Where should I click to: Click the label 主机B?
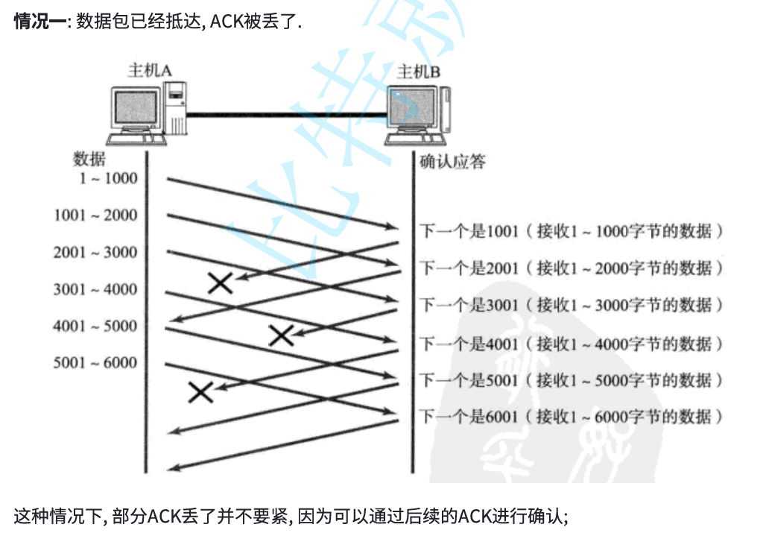tap(418, 72)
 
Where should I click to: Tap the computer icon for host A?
tap(145, 114)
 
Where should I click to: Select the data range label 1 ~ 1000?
tap(108, 178)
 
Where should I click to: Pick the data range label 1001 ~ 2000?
tap(95, 215)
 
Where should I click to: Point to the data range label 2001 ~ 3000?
tap(95, 252)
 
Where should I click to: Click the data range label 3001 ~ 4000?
tap(95, 289)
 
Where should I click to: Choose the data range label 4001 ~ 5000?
tap(95, 326)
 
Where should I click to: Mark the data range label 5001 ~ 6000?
tap(95, 363)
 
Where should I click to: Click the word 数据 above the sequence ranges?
tap(89, 159)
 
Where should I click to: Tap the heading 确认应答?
tap(452, 162)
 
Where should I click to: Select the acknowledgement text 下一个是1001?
tap(469, 231)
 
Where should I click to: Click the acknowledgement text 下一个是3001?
tap(469, 305)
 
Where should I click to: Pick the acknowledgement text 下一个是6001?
tap(469, 417)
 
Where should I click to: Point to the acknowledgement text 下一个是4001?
tap(469, 344)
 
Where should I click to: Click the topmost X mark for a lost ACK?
tap(220, 282)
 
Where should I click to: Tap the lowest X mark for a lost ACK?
tap(200, 392)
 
